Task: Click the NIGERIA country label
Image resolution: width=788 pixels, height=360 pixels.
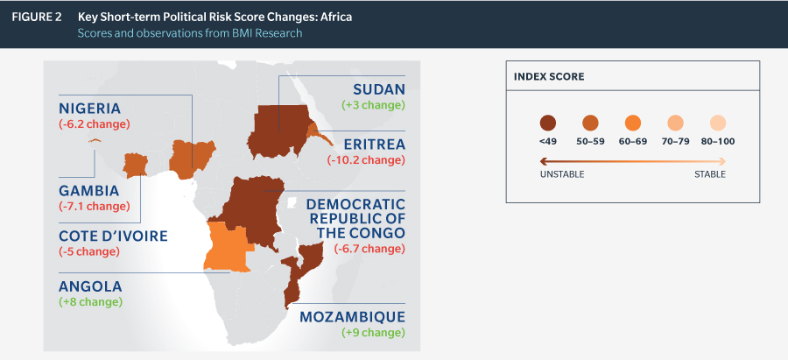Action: click(x=89, y=109)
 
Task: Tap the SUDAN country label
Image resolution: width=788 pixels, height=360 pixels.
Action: click(x=378, y=89)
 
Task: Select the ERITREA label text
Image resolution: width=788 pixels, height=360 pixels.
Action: click(x=375, y=145)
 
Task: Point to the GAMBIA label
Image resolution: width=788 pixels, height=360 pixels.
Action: click(x=89, y=191)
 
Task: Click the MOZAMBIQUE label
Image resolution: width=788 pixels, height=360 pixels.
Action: click(x=352, y=317)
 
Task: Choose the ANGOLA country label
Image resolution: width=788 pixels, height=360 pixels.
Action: click(x=90, y=286)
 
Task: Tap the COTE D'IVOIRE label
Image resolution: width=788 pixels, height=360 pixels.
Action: click(x=113, y=236)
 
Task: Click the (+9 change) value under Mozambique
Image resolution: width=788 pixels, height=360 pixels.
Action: click(x=373, y=333)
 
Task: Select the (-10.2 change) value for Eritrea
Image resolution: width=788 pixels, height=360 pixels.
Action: click(x=366, y=160)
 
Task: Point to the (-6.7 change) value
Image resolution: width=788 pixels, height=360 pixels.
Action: click(x=369, y=249)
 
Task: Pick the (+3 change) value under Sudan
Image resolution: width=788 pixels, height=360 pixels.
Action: click(x=373, y=106)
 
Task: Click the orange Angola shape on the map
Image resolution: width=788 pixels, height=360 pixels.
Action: click(x=227, y=247)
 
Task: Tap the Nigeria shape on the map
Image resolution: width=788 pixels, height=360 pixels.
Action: click(x=191, y=159)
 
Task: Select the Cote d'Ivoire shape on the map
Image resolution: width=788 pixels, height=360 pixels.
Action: click(x=135, y=166)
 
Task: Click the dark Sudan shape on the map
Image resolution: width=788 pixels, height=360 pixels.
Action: click(x=279, y=131)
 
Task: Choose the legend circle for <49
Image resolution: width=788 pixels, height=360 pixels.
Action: click(x=548, y=124)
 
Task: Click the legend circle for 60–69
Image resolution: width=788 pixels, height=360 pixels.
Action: click(x=633, y=124)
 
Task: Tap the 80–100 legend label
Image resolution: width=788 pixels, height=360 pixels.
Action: click(x=718, y=142)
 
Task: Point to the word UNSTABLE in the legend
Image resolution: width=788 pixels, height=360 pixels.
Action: click(x=562, y=174)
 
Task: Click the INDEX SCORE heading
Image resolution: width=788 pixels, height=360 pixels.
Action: click(x=549, y=77)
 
